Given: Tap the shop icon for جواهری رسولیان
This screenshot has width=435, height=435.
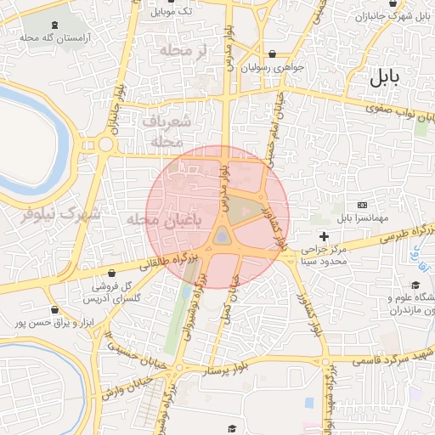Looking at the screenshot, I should [x=272, y=54].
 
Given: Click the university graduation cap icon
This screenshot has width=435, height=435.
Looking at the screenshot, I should [x=415, y=285].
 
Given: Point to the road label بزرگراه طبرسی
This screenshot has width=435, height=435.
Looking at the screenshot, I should [x=398, y=234].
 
